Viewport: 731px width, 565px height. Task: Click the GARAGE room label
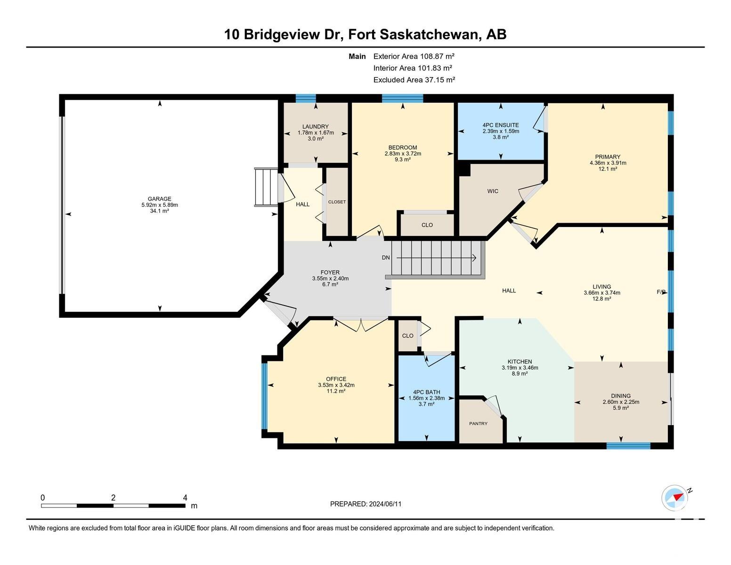coord(160,199)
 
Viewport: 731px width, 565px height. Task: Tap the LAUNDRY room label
coord(315,126)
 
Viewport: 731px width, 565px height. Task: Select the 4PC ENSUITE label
coord(501,125)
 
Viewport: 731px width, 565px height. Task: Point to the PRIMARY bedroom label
coord(608,157)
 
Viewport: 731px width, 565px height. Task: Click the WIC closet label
coord(493,191)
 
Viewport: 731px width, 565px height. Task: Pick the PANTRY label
coord(478,423)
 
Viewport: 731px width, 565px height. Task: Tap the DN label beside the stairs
coord(386,258)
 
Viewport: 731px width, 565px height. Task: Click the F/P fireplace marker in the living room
coord(661,292)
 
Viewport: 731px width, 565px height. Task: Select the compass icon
coord(674,498)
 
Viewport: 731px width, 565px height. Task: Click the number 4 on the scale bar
coord(185,498)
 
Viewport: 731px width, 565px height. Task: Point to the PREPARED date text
coord(365,504)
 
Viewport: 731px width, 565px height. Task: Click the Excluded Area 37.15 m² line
coord(414,80)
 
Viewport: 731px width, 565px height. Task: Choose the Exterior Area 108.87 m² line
coord(414,56)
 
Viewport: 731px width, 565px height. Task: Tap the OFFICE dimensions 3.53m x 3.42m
coord(336,385)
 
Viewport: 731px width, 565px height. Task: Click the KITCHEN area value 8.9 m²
coord(520,373)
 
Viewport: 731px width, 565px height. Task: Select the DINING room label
coord(621,396)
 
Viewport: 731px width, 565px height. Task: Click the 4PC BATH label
coord(427,392)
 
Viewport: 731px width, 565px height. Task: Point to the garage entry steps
coord(266,187)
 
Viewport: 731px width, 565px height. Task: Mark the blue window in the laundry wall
coord(306,98)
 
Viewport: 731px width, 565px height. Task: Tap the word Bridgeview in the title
coord(281,34)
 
